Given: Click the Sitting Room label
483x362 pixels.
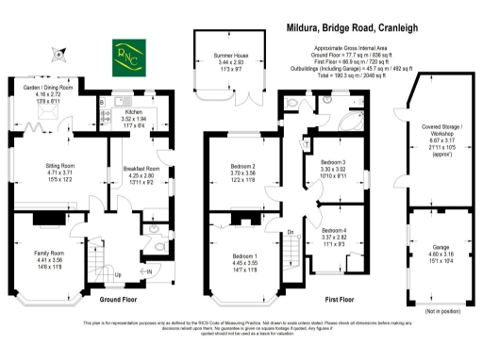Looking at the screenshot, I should click(60, 167).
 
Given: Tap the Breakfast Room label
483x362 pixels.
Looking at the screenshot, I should click(141, 170).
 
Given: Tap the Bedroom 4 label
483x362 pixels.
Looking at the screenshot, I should click(336, 230).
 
